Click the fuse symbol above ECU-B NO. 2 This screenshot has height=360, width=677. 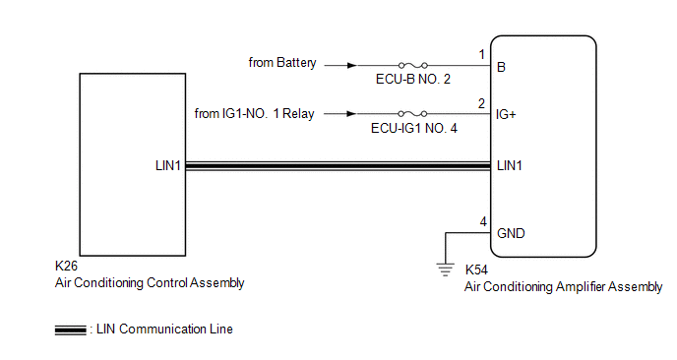(x=412, y=65)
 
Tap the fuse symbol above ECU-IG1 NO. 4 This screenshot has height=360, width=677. (x=412, y=113)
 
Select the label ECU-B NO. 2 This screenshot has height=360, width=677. (x=412, y=79)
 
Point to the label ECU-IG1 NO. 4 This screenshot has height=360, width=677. (x=413, y=128)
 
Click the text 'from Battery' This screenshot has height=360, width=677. (x=282, y=63)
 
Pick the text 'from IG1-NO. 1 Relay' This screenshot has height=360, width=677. (x=254, y=113)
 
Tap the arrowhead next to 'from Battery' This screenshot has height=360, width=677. (x=352, y=65)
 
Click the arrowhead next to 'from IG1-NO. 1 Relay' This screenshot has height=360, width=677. (x=351, y=113)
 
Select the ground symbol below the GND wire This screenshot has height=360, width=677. (x=445, y=269)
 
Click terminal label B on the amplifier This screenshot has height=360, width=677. (x=501, y=67)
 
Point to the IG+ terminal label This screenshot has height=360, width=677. (x=506, y=114)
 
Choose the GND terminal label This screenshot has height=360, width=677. (x=511, y=233)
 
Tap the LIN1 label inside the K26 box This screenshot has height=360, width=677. (x=167, y=166)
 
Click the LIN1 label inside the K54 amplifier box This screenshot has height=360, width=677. (x=510, y=166)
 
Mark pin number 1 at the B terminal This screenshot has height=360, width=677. (x=482, y=54)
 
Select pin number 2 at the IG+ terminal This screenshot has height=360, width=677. (x=481, y=103)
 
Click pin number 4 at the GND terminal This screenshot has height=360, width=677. (x=483, y=222)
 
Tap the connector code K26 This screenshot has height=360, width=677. (x=66, y=266)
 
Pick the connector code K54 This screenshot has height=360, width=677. (x=476, y=270)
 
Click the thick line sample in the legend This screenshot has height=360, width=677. (x=71, y=330)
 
